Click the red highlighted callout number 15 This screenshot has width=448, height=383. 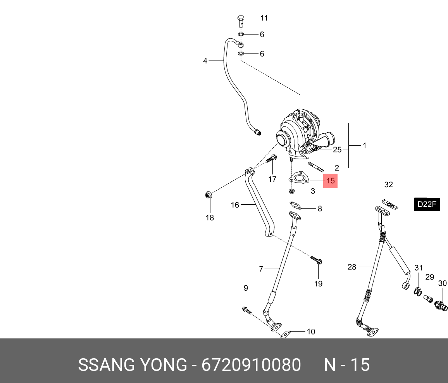(x=331, y=181)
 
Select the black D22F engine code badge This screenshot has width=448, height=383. (x=427, y=204)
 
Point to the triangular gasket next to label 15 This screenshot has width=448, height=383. (x=298, y=178)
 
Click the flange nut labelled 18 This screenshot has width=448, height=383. (x=208, y=195)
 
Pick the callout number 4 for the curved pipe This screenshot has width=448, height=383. (x=205, y=60)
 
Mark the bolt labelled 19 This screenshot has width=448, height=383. (x=317, y=260)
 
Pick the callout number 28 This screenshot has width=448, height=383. (x=352, y=267)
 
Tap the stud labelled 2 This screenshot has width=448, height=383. (x=315, y=167)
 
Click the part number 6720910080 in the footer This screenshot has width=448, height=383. (x=251, y=365)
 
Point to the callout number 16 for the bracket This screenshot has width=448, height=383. (x=235, y=205)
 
